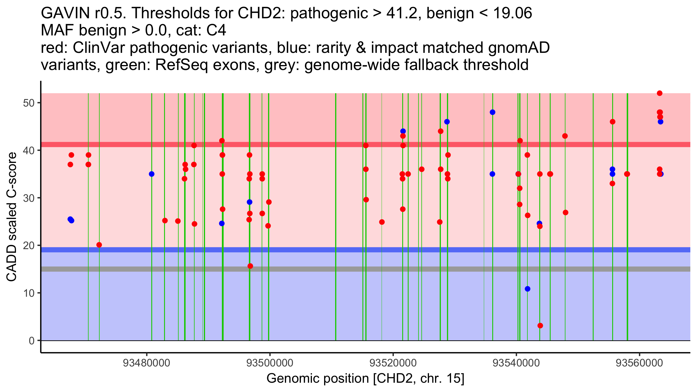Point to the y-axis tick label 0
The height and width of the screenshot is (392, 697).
coord(31,341)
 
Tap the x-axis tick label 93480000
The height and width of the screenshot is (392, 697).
coord(146,363)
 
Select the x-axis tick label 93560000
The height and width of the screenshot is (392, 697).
coord(639,363)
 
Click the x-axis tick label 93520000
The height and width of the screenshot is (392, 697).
coord(393,363)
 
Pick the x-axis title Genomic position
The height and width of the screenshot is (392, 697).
coord(365,379)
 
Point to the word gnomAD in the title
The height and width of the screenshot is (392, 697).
coord(519,48)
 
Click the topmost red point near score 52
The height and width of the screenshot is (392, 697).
coord(660,93)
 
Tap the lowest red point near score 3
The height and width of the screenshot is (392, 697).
coord(540,326)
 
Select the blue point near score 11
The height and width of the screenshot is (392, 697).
coord(528,289)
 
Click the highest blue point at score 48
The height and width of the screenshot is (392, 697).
coord(493,112)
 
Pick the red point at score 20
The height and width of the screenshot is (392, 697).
coord(99,245)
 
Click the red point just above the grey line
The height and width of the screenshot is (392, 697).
coord(250,266)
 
